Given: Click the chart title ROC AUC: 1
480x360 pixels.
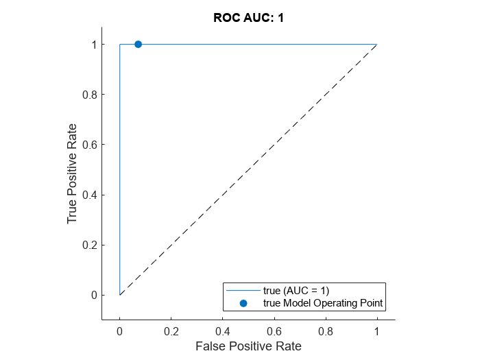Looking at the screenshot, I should pyautogui.click(x=248, y=18).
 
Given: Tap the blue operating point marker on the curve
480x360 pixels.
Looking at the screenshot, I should pyautogui.click(x=138, y=44).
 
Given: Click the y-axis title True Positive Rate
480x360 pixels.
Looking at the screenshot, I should pyautogui.click(x=72, y=170).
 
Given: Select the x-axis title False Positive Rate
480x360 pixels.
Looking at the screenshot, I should pyautogui.click(x=248, y=346).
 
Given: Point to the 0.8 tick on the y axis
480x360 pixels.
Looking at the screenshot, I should pyautogui.click(x=90, y=95).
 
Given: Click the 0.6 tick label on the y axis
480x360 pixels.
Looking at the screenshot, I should pyautogui.click(x=90, y=145).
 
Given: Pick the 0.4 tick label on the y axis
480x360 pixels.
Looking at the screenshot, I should pyautogui.click(x=90, y=195).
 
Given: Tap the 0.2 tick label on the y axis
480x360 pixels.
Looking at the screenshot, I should pyautogui.click(x=90, y=245).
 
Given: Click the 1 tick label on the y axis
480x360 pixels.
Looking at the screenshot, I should pyautogui.click(x=93, y=45).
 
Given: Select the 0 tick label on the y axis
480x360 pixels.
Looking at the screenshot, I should pyautogui.click(x=93, y=295).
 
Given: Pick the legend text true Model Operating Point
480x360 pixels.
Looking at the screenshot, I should pyautogui.click(x=322, y=302).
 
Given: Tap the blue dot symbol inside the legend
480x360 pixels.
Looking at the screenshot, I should pyautogui.click(x=243, y=302).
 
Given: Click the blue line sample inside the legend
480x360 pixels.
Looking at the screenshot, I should pyautogui.click(x=243, y=291).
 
